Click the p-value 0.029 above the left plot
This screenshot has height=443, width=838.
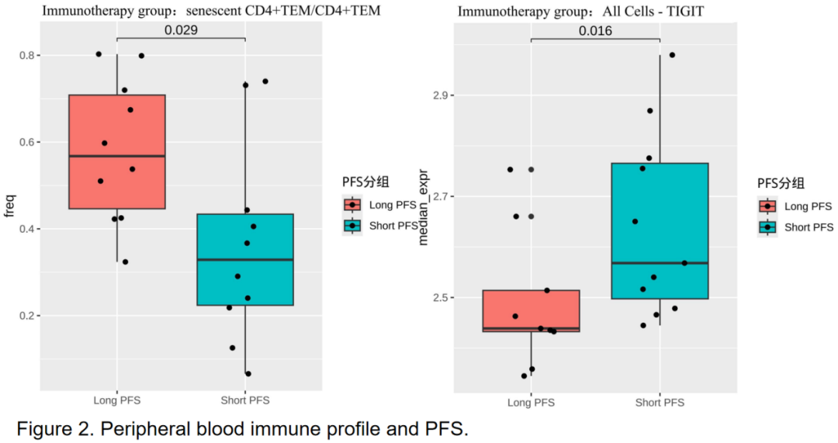pyautogui.click(x=181, y=30)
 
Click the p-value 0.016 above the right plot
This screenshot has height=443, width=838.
pyautogui.click(x=595, y=31)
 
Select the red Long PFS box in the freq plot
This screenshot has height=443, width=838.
pyautogui.click(x=116, y=151)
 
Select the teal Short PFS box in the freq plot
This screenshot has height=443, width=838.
pyautogui.click(x=245, y=260)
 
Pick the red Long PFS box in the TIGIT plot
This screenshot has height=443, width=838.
pyautogui.click(x=531, y=311)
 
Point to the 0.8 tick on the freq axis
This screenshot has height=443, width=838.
pyautogui.click(x=26, y=56)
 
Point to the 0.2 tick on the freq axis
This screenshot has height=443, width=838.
pyautogui.click(x=26, y=316)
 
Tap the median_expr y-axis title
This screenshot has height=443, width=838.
pyautogui.click(x=424, y=209)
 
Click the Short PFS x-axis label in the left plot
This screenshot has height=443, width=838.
pyautogui.click(x=245, y=401)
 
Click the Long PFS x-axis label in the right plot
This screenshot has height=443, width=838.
pyautogui.click(x=531, y=403)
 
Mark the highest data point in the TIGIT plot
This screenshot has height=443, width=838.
pyautogui.click(x=672, y=55)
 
